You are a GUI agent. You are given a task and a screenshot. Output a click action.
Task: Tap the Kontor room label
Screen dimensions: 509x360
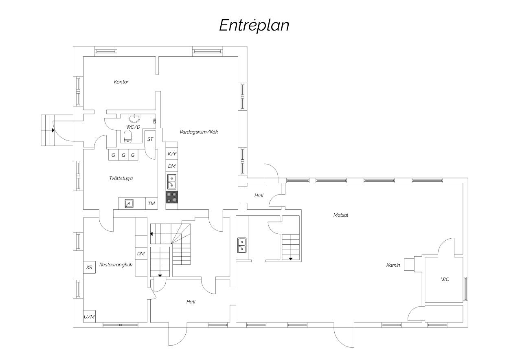[x=121, y=82]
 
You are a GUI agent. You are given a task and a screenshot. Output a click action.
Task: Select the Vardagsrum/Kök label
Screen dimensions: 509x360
[x=199, y=132]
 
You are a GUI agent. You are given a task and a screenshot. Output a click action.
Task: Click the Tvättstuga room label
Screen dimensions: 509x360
[x=121, y=178]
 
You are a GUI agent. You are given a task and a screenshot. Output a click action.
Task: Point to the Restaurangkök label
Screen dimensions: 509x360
[x=116, y=265]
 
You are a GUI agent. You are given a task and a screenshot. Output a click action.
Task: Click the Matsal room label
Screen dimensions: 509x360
[x=340, y=215]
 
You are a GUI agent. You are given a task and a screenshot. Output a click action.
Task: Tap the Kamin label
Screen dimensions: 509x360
[x=393, y=265]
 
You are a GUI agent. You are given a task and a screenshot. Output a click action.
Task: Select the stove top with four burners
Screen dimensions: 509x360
[x=171, y=197]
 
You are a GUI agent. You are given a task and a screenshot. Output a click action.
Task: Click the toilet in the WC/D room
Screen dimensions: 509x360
[x=128, y=136]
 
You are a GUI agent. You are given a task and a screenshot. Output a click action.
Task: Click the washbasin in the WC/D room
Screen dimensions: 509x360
[x=134, y=118]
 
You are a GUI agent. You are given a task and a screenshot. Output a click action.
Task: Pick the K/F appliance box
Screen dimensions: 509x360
[x=172, y=154]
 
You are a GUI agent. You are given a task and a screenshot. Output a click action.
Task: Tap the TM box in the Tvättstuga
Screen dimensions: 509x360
[x=151, y=203]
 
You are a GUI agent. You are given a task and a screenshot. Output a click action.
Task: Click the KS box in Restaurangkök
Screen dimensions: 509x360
[x=89, y=268]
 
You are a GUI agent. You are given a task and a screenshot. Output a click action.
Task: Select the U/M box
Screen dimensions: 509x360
[x=89, y=316]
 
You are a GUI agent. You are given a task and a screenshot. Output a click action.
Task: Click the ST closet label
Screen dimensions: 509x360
[x=150, y=139]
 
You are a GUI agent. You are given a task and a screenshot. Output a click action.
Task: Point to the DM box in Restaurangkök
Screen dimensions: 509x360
[x=141, y=254]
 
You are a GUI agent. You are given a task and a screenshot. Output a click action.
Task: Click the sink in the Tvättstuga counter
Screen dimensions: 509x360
[x=129, y=203]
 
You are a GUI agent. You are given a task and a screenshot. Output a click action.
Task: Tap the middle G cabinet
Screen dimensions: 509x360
[x=123, y=155]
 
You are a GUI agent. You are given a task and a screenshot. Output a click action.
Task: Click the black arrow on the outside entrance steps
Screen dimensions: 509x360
[x=53, y=130]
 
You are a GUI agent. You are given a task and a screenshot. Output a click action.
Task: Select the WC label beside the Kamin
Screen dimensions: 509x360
[x=445, y=279]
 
